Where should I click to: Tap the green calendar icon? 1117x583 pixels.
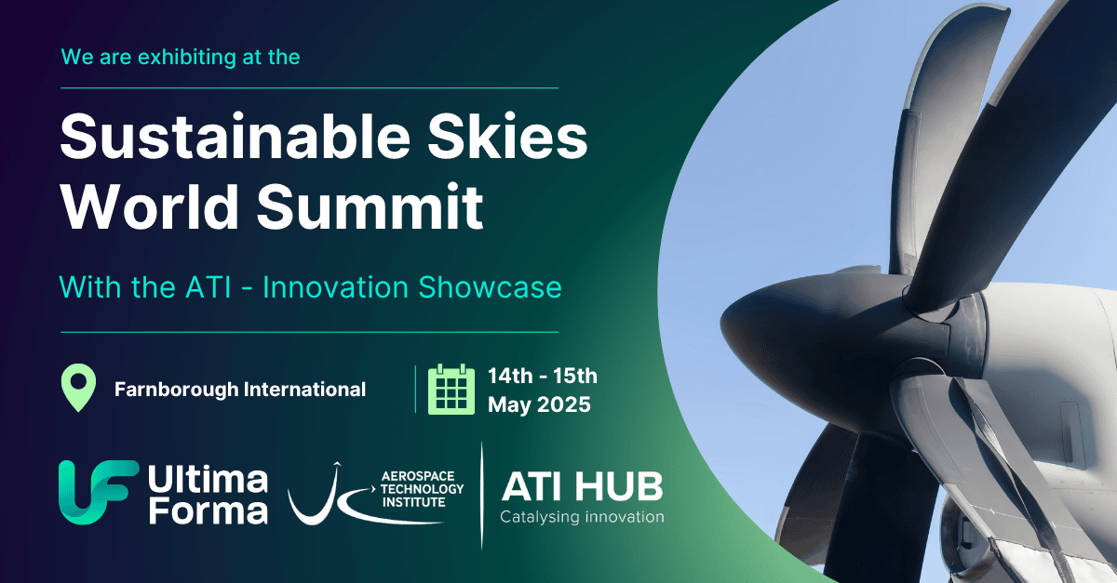click(x=451, y=389)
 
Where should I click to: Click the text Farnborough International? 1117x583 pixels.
click(x=239, y=390)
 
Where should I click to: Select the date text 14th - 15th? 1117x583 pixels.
click(x=543, y=377)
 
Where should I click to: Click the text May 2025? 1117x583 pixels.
click(x=539, y=405)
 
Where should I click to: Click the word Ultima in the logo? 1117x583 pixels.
click(x=207, y=480)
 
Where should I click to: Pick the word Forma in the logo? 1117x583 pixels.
click(x=207, y=510)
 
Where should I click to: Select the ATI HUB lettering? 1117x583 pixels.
click(x=582, y=486)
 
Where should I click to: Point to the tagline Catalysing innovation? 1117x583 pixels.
click(x=582, y=517)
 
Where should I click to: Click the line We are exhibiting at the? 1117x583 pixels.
click(x=181, y=57)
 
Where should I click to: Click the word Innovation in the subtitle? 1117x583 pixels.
click(x=331, y=287)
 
